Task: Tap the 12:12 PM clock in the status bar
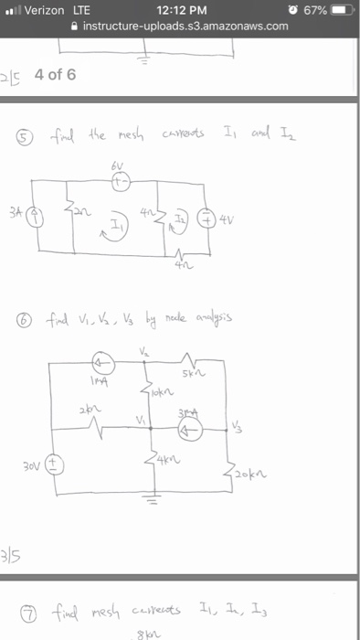[x=179, y=9]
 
